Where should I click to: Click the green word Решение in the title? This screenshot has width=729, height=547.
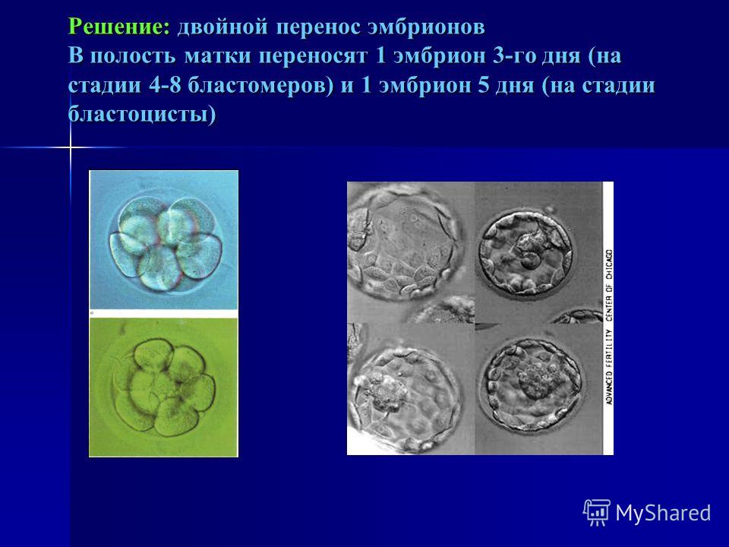click(x=119, y=27)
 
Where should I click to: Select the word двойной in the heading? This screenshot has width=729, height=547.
click(x=223, y=27)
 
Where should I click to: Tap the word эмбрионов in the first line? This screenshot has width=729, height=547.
click(x=426, y=27)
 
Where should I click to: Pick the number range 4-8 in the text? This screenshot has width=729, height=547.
click(x=165, y=86)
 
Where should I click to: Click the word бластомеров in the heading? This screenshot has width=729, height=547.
click(x=260, y=87)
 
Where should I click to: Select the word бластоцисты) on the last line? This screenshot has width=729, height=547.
click(x=142, y=115)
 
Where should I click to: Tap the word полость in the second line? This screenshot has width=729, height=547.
click(x=132, y=55)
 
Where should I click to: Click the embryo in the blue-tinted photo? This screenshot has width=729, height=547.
click(x=166, y=244)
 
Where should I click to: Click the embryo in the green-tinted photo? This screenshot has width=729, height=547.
click(x=163, y=387)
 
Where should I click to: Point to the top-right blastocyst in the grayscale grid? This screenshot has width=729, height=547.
click(x=525, y=254)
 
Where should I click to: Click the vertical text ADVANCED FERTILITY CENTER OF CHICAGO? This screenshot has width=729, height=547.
click(x=608, y=327)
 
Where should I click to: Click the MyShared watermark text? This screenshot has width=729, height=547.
click(x=663, y=513)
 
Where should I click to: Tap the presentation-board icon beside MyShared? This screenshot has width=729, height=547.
click(x=597, y=512)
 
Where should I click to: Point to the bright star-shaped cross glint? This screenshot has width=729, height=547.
click(x=70, y=147)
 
